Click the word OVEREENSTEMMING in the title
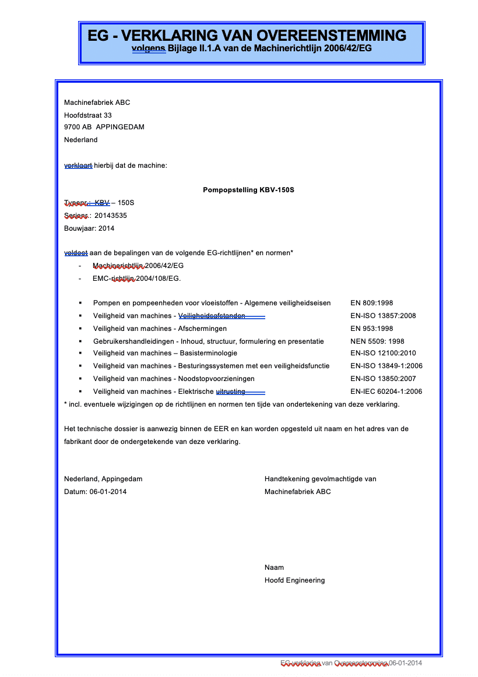332,36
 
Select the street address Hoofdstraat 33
88,115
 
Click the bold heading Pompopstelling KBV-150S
248,190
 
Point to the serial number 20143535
111,216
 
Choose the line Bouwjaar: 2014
89,228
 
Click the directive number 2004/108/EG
158,278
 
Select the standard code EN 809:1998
372,303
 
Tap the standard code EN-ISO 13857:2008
383,316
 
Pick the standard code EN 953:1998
372,329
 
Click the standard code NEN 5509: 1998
377,341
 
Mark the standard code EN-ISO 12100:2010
383,353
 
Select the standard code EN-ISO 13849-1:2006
386,366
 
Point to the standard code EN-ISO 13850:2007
383,379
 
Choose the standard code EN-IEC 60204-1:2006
386,392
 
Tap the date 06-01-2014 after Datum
108,492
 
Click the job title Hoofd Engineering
294,580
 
